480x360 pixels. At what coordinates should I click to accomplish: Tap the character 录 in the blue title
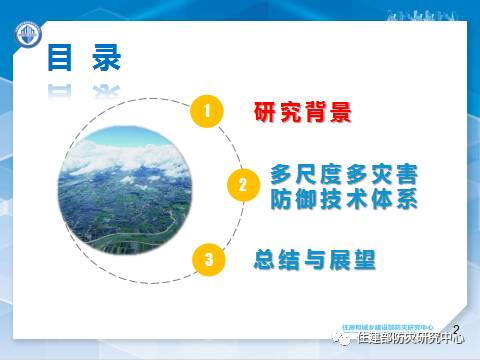[103, 57]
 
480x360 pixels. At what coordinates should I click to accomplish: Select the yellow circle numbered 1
[205, 112]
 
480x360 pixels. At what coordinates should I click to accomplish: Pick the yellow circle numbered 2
[241, 186]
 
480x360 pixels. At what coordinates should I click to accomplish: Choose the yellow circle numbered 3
[205, 260]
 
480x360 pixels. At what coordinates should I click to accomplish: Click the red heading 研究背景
[303, 112]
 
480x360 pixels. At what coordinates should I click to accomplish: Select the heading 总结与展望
[314, 260]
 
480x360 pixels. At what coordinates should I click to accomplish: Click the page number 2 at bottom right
[457, 328]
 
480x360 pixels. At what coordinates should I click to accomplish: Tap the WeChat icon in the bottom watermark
[344, 339]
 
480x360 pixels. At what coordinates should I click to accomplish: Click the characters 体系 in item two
[392, 198]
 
